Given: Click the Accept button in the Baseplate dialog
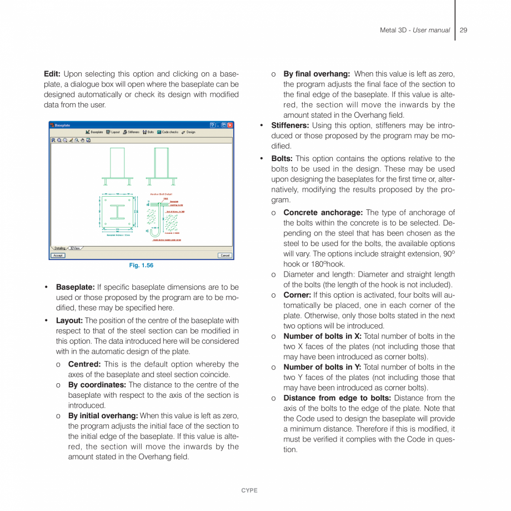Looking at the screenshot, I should pyautogui.click(x=58, y=255).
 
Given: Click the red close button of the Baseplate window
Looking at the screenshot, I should pyautogui.click(x=230, y=125).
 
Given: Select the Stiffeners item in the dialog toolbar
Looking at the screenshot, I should pyautogui.click(x=131, y=132).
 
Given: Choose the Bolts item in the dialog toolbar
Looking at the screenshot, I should pyautogui.click(x=148, y=132).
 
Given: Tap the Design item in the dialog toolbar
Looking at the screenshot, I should pyautogui.click(x=188, y=132).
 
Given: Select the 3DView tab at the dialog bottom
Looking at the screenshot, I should pyautogui.click(x=75, y=248).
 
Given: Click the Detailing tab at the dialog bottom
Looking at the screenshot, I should pyautogui.click(x=59, y=248).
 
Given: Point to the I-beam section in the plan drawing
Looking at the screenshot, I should pyautogui.click(x=117, y=212).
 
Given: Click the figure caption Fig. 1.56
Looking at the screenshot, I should pyautogui.click(x=141, y=265).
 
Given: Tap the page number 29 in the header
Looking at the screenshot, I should pyautogui.click(x=463, y=30).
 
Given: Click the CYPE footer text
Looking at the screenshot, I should pyautogui.click(x=249, y=490).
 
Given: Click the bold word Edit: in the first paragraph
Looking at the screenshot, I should pyautogui.click(x=52, y=74).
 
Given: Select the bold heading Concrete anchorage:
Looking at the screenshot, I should pyautogui.click(x=323, y=213).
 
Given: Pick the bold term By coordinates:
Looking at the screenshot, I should pyautogui.click(x=97, y=385).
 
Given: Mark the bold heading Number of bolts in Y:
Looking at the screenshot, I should pyautogui.click(x=322, y=367).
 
